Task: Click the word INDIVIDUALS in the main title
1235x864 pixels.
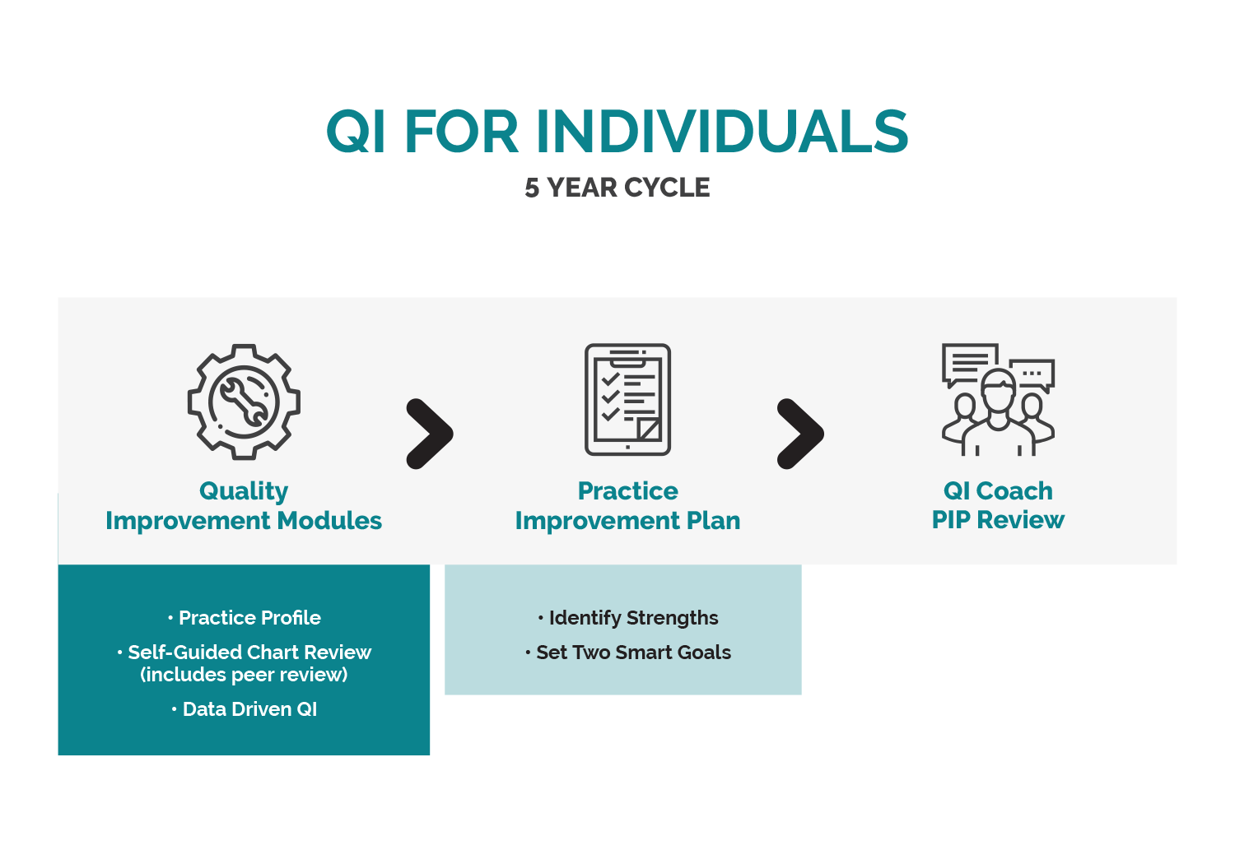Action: click(x=722, y=131)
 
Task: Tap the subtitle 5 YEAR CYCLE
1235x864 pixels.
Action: click(x=617, y=188)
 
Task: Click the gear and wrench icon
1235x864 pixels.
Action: click(x=244, y=402)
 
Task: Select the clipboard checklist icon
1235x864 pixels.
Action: click(x=627, y=399)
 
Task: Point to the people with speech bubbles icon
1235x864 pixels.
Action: click(x=998, y=399)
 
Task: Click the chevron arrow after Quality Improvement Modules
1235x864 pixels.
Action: click(x=430, y=434)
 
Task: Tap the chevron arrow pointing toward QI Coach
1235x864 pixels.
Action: click(x=800, y=434)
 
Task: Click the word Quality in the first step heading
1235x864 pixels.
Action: click(x=244, y=491)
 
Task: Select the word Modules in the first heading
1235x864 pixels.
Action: click(x=329, y=520)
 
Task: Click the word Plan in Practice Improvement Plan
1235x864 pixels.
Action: click(x=714, y=520)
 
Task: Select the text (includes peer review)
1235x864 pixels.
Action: click(x=244, y=675)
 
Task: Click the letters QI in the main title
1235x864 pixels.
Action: click(x=356, y=131)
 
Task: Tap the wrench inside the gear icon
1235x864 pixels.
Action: click(x=244, y=401)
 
